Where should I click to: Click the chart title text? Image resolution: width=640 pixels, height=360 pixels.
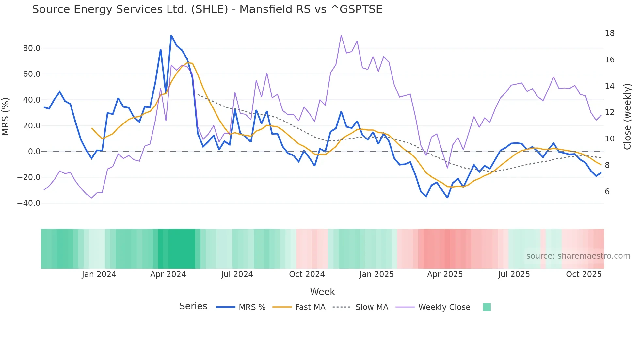click(207, 9)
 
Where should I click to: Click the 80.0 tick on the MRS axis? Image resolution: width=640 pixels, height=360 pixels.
click(31, 48)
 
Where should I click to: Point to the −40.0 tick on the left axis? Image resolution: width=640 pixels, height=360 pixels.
click(29, 203)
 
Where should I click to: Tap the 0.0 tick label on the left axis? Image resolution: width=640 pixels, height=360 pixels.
click(34, 152)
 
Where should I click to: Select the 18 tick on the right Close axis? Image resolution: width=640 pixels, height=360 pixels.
click(609, 33)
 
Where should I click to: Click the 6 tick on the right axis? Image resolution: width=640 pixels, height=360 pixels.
click(607, 192)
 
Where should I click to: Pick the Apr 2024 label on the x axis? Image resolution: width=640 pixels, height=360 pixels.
click(168, 274)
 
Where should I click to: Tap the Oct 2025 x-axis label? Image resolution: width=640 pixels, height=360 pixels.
click(584, 274)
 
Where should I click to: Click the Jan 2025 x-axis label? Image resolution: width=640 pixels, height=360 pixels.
click(376, 274)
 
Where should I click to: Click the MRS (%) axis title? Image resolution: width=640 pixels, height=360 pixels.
click(6, 117)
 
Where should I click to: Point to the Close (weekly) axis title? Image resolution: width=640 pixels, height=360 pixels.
click(627, 117)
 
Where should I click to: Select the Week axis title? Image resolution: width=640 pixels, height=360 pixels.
click(322, 292)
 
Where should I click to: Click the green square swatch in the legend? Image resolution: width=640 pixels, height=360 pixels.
click(487, 307)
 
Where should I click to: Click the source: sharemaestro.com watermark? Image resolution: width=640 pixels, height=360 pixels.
click(578, 256)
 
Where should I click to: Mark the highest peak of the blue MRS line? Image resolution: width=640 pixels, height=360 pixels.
click(171, 35)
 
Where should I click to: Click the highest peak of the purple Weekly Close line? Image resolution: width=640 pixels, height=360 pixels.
click(341, 35)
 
